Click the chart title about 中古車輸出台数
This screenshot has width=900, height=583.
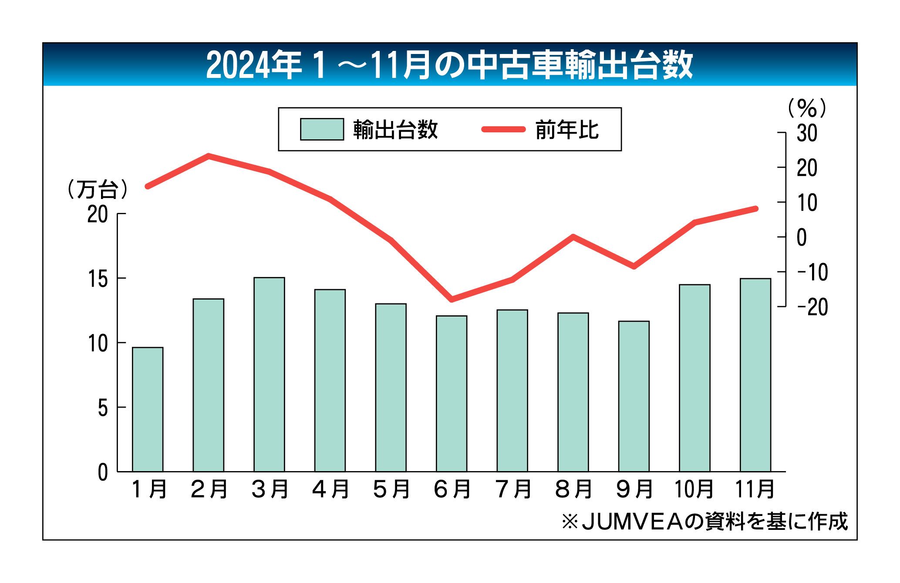click(x=449, y=65)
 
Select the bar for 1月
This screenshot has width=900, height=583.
click(x=148, y=409)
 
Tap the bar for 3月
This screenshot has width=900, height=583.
click(x=269, y=374)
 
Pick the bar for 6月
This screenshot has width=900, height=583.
click(x=452, y=394)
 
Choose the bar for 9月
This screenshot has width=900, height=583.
click(x=634, y=396)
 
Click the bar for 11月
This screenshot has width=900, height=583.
click(x=755, y=375)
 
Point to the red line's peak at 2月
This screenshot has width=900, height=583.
click(x=209, y=155)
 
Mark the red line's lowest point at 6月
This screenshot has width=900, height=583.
click(x=452, y=300)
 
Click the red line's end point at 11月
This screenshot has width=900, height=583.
click(x=755, y=209)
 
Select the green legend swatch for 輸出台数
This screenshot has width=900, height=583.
click(x=322, y=129)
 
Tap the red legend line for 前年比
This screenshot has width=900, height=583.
click(x=503, y=129)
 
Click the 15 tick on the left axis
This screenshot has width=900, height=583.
click(x=98, y=279)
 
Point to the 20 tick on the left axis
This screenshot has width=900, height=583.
click(x=98, y=214)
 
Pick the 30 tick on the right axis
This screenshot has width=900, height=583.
click(x=807, y=134)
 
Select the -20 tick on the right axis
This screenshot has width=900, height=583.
click(x=812, y=307)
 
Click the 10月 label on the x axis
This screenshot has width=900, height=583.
click(x=694, y=489)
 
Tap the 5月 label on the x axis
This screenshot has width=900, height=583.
click(x=391, y=489)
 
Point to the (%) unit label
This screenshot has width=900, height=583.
click(x=807, y=108)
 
